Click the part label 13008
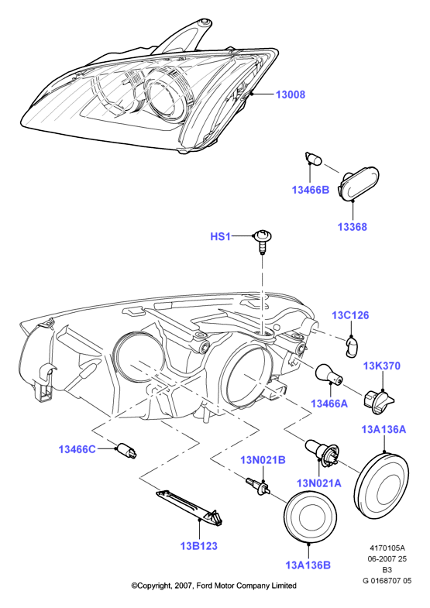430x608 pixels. [x=291, y=94]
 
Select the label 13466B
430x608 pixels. [x=310, y=190]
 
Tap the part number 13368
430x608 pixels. [x=352, y=226]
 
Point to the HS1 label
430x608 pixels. [x=220, y=236]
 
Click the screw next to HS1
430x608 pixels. [x=263, y=241]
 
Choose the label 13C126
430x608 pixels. [x=350, y=315]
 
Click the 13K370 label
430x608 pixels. [x=381, y=366]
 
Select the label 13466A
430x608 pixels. [x=329, y=404]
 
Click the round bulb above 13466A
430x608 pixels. [x=329, y=375]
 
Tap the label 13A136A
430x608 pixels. [x=384, y=429]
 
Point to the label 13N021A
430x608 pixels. [x=319, y=483]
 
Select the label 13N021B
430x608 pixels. [x=263, y=460]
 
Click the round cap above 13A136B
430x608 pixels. [x=310, y=517]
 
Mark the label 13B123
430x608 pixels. [x=199, y=546]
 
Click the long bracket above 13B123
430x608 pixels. [x=191, y=507]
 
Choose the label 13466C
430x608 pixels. [x=77, y=449]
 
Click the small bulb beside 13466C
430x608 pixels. [x=127, y=451]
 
